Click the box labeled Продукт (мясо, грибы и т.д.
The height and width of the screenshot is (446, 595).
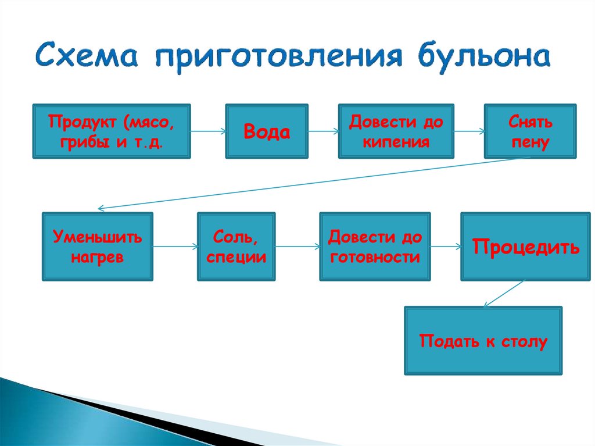pyautogui.click(x=112, y=131)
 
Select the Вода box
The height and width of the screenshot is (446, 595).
pyautogui.click(x=267, y=131)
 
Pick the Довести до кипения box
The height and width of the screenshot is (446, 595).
pyautogui.click(x=396, y=131)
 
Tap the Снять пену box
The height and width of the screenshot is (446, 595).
pyautogui.click(x=530, y=131)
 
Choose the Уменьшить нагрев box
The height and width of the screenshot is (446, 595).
pyautogui.click(x=98, y=247)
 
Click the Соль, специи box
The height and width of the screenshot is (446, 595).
pyautogui.click(x=236, y=247)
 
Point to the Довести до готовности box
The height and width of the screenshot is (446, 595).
pyautogui.click(x=375, y=247)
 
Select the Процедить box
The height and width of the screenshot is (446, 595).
pyautogui.click(x=525, y=247)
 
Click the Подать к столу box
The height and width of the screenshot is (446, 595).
pyautogui.click(x=483, y=341)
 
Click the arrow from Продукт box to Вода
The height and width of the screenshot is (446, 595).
pyautogui.click(x=208, y=131)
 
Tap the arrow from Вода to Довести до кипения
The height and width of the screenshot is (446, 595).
pyautogui.click(x=323, y=131)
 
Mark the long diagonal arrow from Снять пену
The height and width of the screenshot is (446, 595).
pyautogui.click(x=308, y=183)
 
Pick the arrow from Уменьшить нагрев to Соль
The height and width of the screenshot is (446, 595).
pyautogui.click(x=175, y=247)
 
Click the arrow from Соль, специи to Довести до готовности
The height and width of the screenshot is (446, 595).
pyautogui.click(x=297, y=247)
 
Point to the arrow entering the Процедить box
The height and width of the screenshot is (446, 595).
pyautogui.click(x=446, y=247)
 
